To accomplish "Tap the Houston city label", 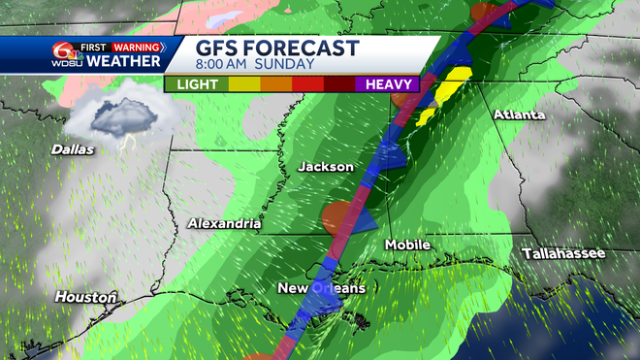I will point(85,296).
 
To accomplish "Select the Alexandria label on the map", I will point(225,224).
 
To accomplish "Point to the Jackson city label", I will point(325,167).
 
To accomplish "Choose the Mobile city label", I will point(407,245).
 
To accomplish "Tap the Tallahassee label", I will point(562,253).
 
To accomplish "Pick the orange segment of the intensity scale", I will point(278,84).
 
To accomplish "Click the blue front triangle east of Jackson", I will point(390,152).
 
